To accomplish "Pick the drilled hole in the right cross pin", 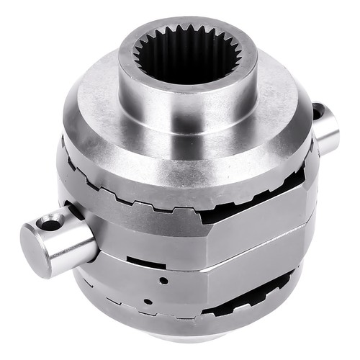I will click(x=318, y=112).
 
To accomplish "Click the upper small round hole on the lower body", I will click(x=165, y=280).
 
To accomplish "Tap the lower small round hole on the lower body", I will click(x=148, y=301).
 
